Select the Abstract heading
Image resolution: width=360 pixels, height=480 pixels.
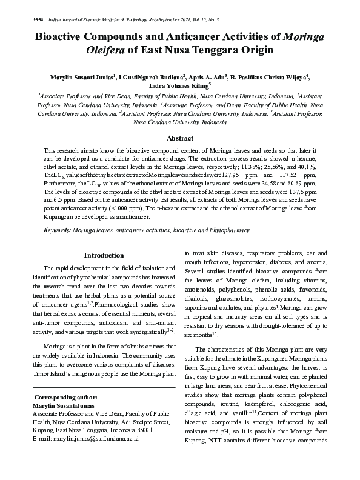pos(180,139)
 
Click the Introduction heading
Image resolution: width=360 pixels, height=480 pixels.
pos(104,255)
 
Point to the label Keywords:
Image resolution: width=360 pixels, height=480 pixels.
pos(57,231)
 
